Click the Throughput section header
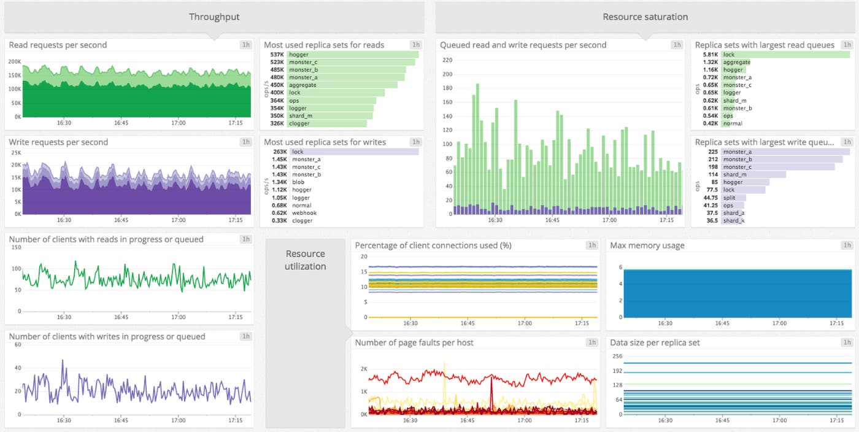(214, 17)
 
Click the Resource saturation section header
(645, 17)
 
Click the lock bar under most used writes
(353, 152)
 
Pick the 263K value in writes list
(280, 152)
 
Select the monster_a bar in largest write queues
(785, 152)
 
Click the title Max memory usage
(647, 245)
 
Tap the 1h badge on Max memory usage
(847, 245)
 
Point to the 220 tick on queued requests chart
(447, 60)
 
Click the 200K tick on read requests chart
(14, 62)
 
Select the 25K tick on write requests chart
(17, 153)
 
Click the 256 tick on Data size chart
(617, 356)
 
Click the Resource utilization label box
(305, 260)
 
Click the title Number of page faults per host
(414, 342)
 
